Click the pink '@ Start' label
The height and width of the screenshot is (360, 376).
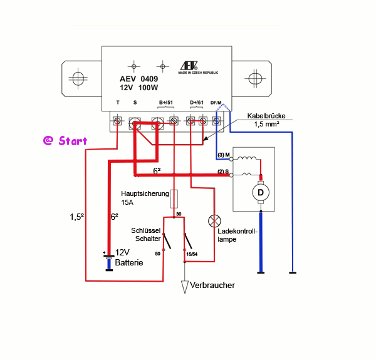[65, 141]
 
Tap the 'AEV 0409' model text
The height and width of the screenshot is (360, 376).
[139, 79]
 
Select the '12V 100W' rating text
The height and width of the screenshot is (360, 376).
[139, 89]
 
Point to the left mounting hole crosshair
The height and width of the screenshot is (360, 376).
[78, 79]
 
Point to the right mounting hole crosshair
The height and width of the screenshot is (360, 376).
[254, 79]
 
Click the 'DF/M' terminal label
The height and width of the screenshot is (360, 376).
[216, 102]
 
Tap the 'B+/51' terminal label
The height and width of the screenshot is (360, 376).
[166, 102]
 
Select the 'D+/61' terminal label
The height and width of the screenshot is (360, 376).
[197, 102]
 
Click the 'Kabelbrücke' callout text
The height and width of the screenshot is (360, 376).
[266, 116]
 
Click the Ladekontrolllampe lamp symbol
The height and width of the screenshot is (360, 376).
[214, 220]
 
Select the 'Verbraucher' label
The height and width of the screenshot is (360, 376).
[214, 285]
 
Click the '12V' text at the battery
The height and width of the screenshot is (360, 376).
[124, 252]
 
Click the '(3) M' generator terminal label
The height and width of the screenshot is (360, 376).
[224, 155]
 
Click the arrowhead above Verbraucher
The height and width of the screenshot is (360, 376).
[185, 287]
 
